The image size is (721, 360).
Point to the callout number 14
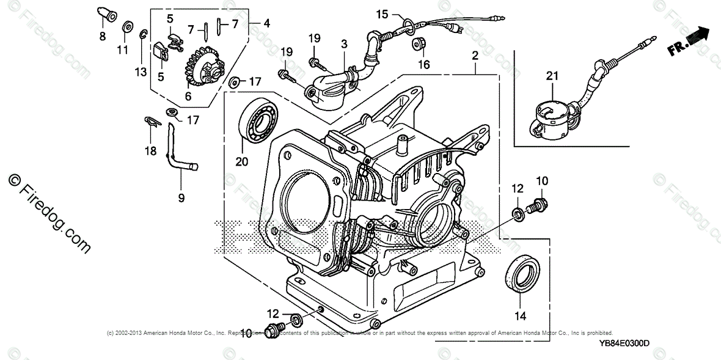pos(519,316)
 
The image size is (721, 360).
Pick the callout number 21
pos(552,76)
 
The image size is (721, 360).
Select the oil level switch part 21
pos(553,116)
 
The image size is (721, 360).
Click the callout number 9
pos(181,198)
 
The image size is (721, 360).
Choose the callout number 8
pos(102,36)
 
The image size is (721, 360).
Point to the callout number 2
pos(474,56)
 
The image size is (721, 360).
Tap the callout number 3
pos(344,44)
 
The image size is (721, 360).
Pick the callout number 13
pos(141,72)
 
